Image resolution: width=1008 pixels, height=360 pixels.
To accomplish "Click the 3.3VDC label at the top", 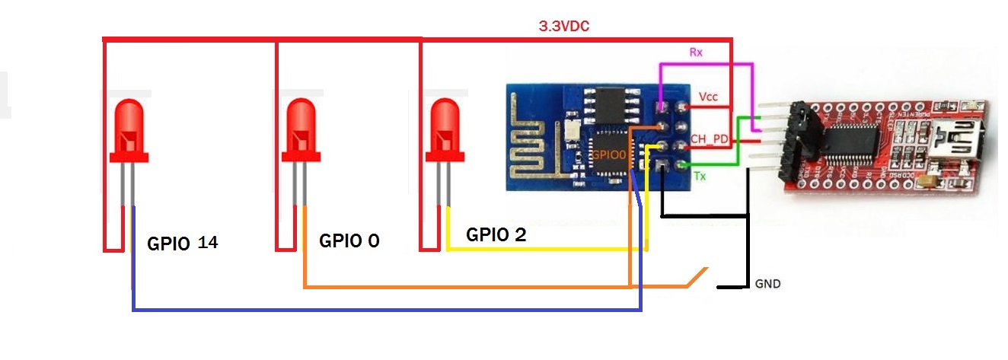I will pos(563,26).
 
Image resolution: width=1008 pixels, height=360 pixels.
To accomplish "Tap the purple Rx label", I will pos(695,53).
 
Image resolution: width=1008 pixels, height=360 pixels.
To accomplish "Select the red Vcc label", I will pos(708,97).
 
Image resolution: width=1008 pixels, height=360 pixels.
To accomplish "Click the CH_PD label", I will pos(709,139).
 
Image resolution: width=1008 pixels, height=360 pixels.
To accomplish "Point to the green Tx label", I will pos(700,177).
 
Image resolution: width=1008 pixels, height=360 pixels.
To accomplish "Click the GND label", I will pos(767,284).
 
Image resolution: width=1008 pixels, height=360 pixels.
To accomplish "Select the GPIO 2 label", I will pos(496,234).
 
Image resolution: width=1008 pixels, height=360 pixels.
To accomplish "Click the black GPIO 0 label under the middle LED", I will pos(349,241).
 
